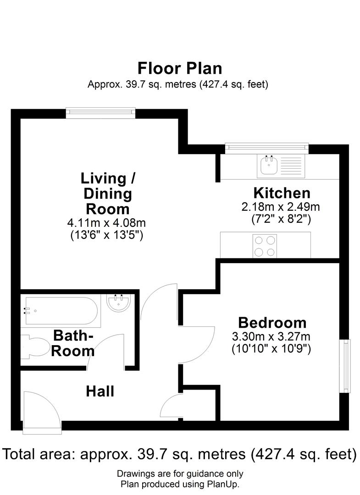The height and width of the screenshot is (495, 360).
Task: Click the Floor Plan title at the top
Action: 180,68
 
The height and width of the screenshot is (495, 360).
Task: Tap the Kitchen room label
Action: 282,193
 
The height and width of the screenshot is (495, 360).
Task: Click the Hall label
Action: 100,391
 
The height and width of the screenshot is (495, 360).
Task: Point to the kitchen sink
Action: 268,166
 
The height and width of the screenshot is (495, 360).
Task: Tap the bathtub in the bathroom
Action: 61,310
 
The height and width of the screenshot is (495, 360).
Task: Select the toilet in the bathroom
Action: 36,346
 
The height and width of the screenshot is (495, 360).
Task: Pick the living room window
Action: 100,112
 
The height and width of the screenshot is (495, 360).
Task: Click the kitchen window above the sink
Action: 267,148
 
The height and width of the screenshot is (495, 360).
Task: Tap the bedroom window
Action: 344,366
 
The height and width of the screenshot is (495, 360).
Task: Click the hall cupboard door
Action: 172,406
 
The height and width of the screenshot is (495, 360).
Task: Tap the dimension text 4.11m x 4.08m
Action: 106,223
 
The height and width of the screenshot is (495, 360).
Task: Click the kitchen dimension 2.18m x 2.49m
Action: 281,207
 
